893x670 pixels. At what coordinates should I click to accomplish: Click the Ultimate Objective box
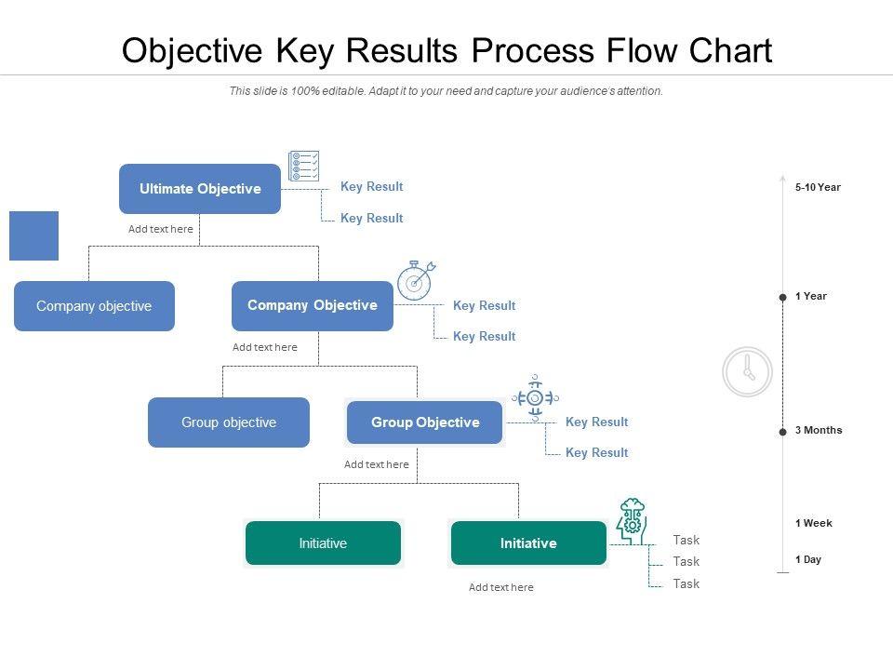pyautogui.click(x=200, y=189)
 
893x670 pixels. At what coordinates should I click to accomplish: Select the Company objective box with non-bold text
pyautogui.click(x=94, y=306)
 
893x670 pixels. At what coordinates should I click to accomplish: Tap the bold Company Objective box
pyautogui.click(x=313, y=306)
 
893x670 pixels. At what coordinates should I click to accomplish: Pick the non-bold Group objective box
pyautogui.click(x=229, y=422)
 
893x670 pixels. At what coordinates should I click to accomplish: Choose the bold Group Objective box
pyautogui.click(x=425, y=422)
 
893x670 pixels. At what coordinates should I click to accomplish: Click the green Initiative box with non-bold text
pyautogui.click(x=323, y=543)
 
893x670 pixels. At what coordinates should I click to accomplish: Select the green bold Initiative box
pyautogui.click(x=528, y=543)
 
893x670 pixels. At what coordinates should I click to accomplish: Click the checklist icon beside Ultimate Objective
pyautogui.click(x=304, y=166)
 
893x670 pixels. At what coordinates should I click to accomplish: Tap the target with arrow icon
pyautogui.click(x=415, y=280)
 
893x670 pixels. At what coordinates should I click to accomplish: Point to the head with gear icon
pyautogui.click(x=632, y=520)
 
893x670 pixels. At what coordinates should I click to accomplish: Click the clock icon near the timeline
pyautogui.click(x=748, y=371)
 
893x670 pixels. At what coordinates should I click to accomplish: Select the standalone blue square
pyautogui.click(x=33, y=235)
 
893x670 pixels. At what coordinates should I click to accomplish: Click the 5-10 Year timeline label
pyautogui.click(x=818, y=187)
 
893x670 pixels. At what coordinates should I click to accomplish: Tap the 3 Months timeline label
pyautogui.click(x=819, y=430)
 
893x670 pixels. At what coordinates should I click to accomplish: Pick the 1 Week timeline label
pyautogui.click(x=814, y=523)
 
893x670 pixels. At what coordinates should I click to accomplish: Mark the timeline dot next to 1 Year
pyautogui.click(x=782, y=298)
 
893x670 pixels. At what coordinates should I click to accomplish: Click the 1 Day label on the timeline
pyautogui.click(x=808, y=559)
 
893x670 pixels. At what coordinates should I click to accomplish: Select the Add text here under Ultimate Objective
pyautogui.click(x=161, y=229)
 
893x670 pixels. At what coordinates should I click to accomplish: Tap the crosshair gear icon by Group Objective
pyautogui.click(x=534, y=398)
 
